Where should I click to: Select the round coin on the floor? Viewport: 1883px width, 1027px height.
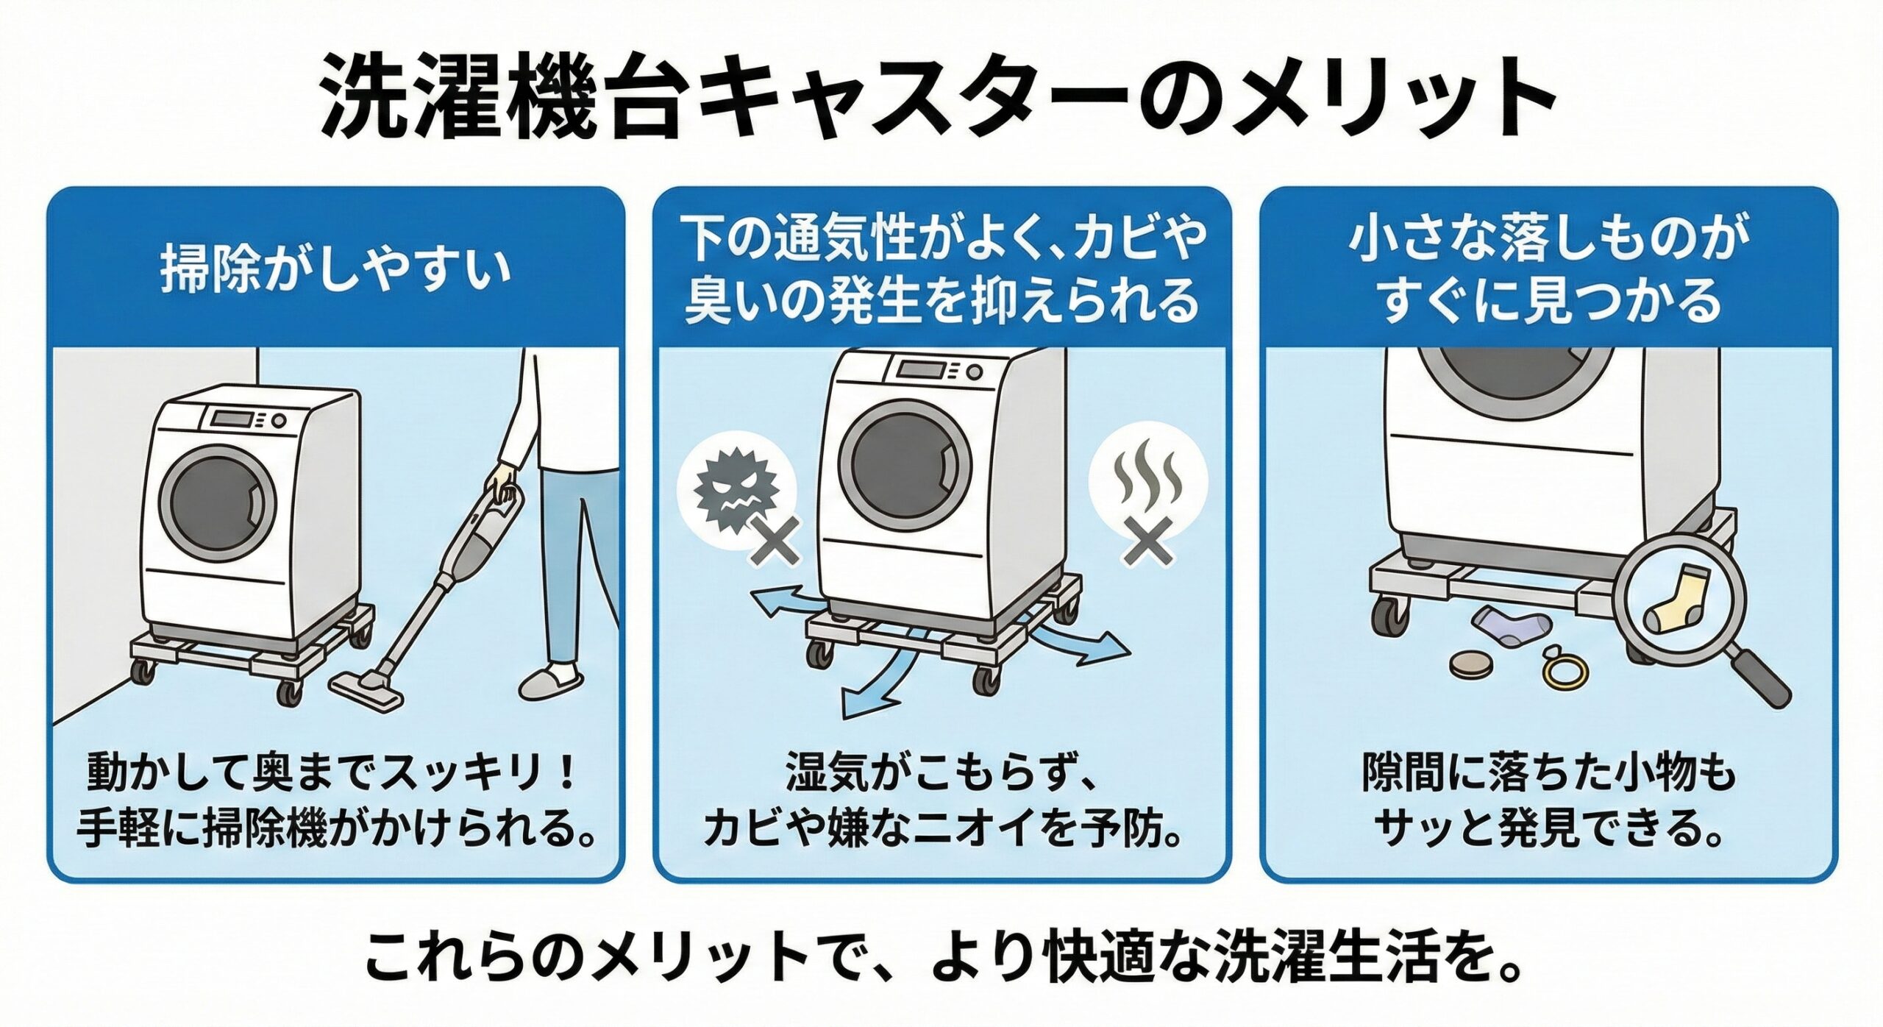coord(1470,664)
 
